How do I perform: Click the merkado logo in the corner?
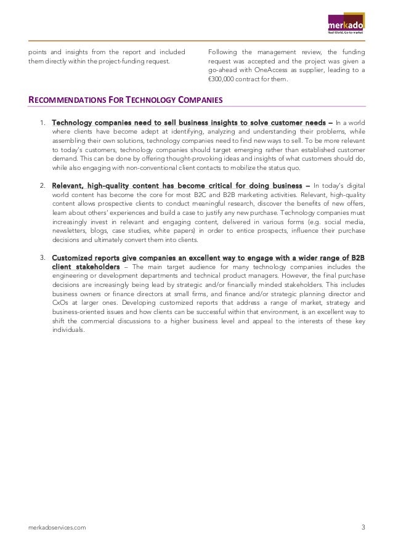(346, 25)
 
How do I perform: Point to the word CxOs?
(61, 304)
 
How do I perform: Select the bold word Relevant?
(71, 184)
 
